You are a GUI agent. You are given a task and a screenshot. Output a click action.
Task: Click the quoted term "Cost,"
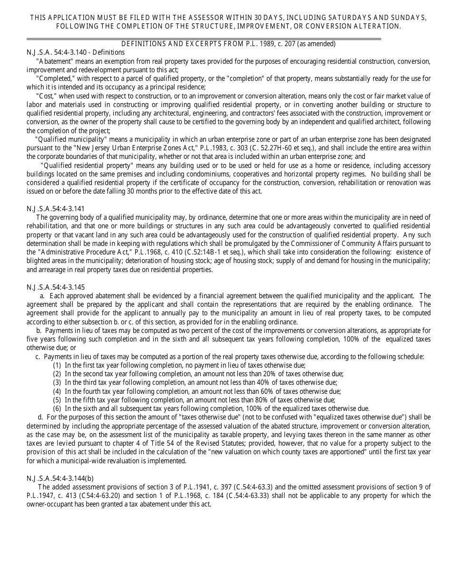[x=49, y=96]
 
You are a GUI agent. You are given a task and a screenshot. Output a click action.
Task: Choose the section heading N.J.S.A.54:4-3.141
[x=56, y=208]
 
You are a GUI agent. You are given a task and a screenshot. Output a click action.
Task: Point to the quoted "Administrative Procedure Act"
[x=79, y=252]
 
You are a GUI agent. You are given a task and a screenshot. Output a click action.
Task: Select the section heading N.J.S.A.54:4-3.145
[x=56, y=287]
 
